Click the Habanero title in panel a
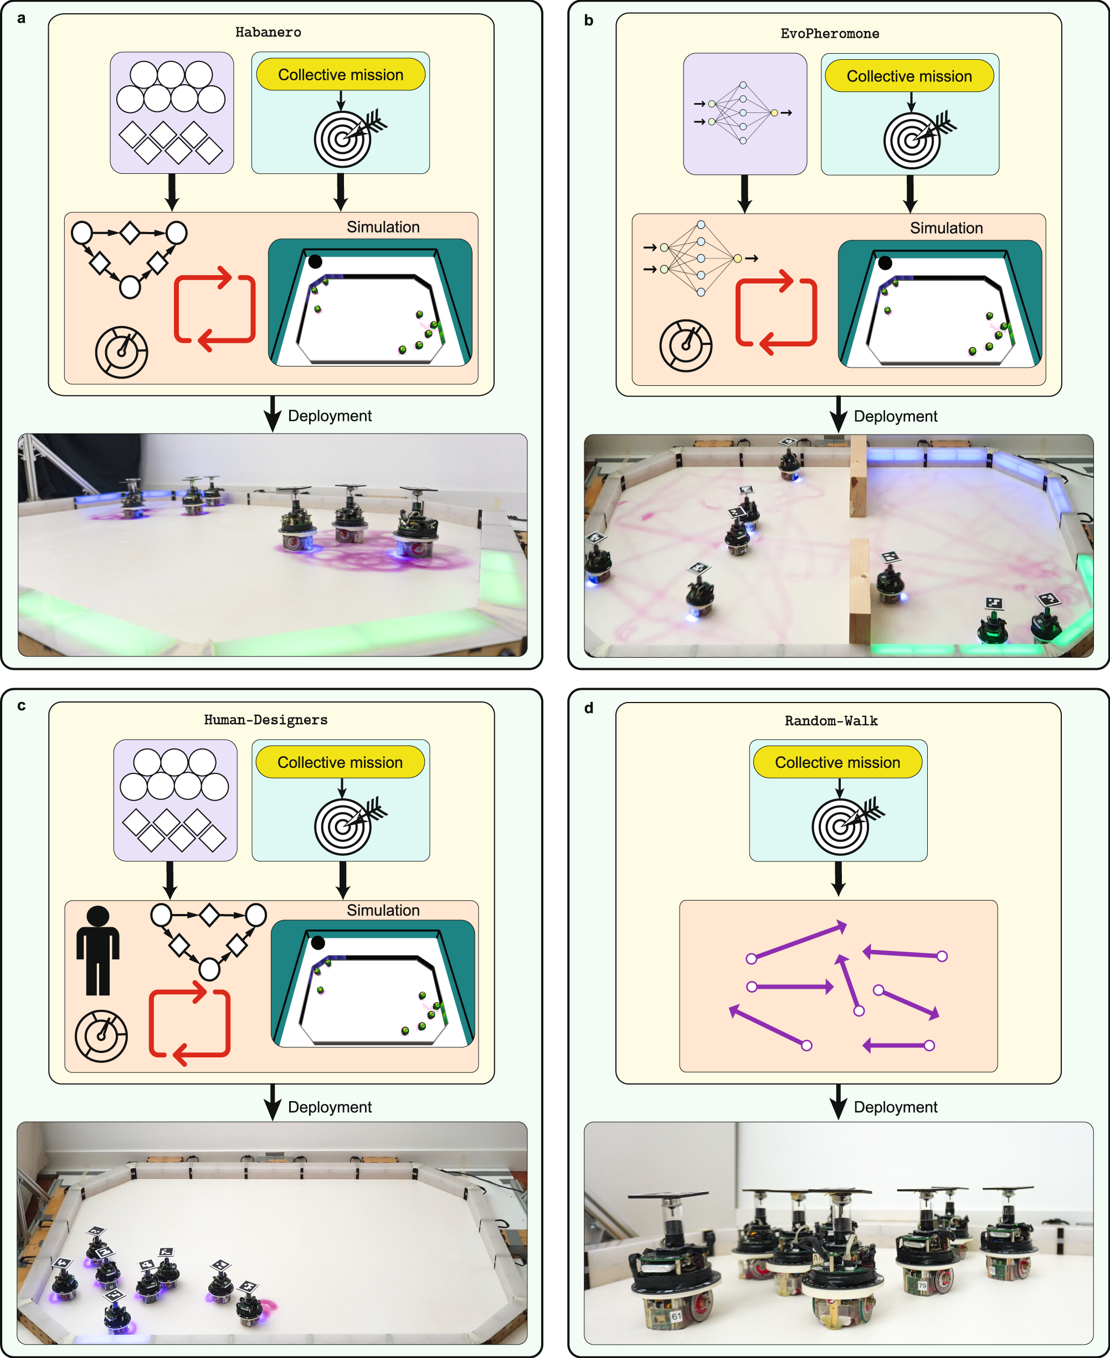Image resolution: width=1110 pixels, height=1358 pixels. tap(268, 32)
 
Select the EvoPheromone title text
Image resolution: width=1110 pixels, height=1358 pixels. tap(829, 33)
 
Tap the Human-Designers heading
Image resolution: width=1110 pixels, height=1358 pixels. tap(265, 720)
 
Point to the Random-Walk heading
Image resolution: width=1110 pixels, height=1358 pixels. tap(831, 721)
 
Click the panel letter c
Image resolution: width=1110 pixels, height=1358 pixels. tap(21, 705)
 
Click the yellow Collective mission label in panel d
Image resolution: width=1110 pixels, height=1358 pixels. tap(837, 762)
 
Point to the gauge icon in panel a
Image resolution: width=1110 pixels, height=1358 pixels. tap(121, 352)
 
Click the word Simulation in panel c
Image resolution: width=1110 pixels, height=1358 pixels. tap(383, 910)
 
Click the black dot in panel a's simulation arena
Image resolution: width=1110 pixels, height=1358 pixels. tap(315, 261)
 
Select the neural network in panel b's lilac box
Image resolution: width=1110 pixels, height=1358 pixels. tap(743, 112)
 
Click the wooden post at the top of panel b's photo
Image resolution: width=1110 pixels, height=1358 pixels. tap(857, 476)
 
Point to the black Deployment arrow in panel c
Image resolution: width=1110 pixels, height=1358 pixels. tap(273, 1102)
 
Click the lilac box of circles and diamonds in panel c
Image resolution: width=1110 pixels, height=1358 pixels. tap(175, 800)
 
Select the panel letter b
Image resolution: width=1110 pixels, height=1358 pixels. tap(588, 20)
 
